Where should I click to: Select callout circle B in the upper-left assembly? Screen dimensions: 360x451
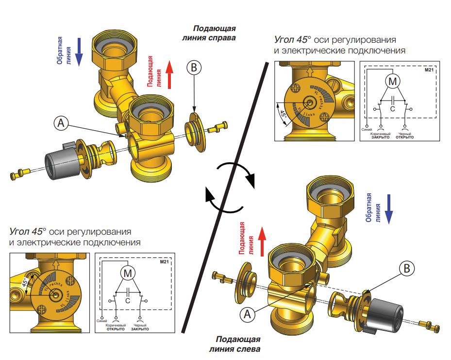[194, 68]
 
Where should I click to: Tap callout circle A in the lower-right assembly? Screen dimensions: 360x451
[247, 314]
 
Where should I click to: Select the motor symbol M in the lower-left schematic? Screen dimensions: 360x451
[128, 274]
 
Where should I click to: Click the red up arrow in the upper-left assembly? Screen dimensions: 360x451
[170, 74]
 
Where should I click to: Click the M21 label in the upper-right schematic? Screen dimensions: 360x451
[428, 70]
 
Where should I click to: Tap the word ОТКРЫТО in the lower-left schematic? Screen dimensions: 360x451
[116, 329]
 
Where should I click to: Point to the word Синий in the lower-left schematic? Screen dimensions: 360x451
[102, 321]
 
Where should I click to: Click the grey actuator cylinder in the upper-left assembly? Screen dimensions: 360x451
[59, 160]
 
